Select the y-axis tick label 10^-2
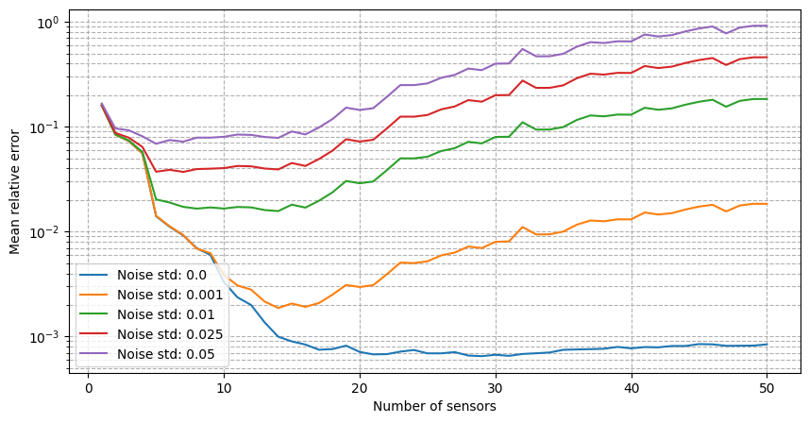tap(46, 232)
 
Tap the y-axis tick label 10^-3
tap(46, 337)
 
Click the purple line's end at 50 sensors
tap(767, 25)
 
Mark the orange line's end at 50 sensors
tap(767, 204)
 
